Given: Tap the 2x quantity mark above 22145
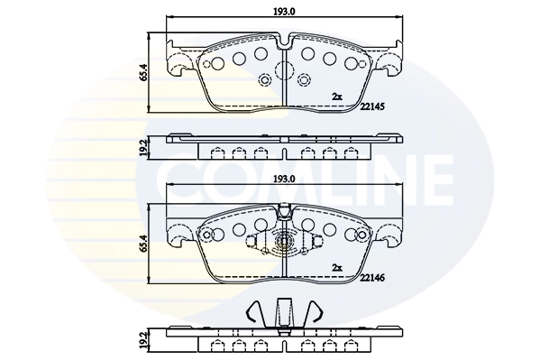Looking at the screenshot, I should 336,96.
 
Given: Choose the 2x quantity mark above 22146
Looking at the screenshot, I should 336,267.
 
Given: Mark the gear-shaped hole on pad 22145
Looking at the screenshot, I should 265,82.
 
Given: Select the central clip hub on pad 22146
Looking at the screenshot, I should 284,243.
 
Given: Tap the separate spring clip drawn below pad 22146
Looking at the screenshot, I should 284,314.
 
